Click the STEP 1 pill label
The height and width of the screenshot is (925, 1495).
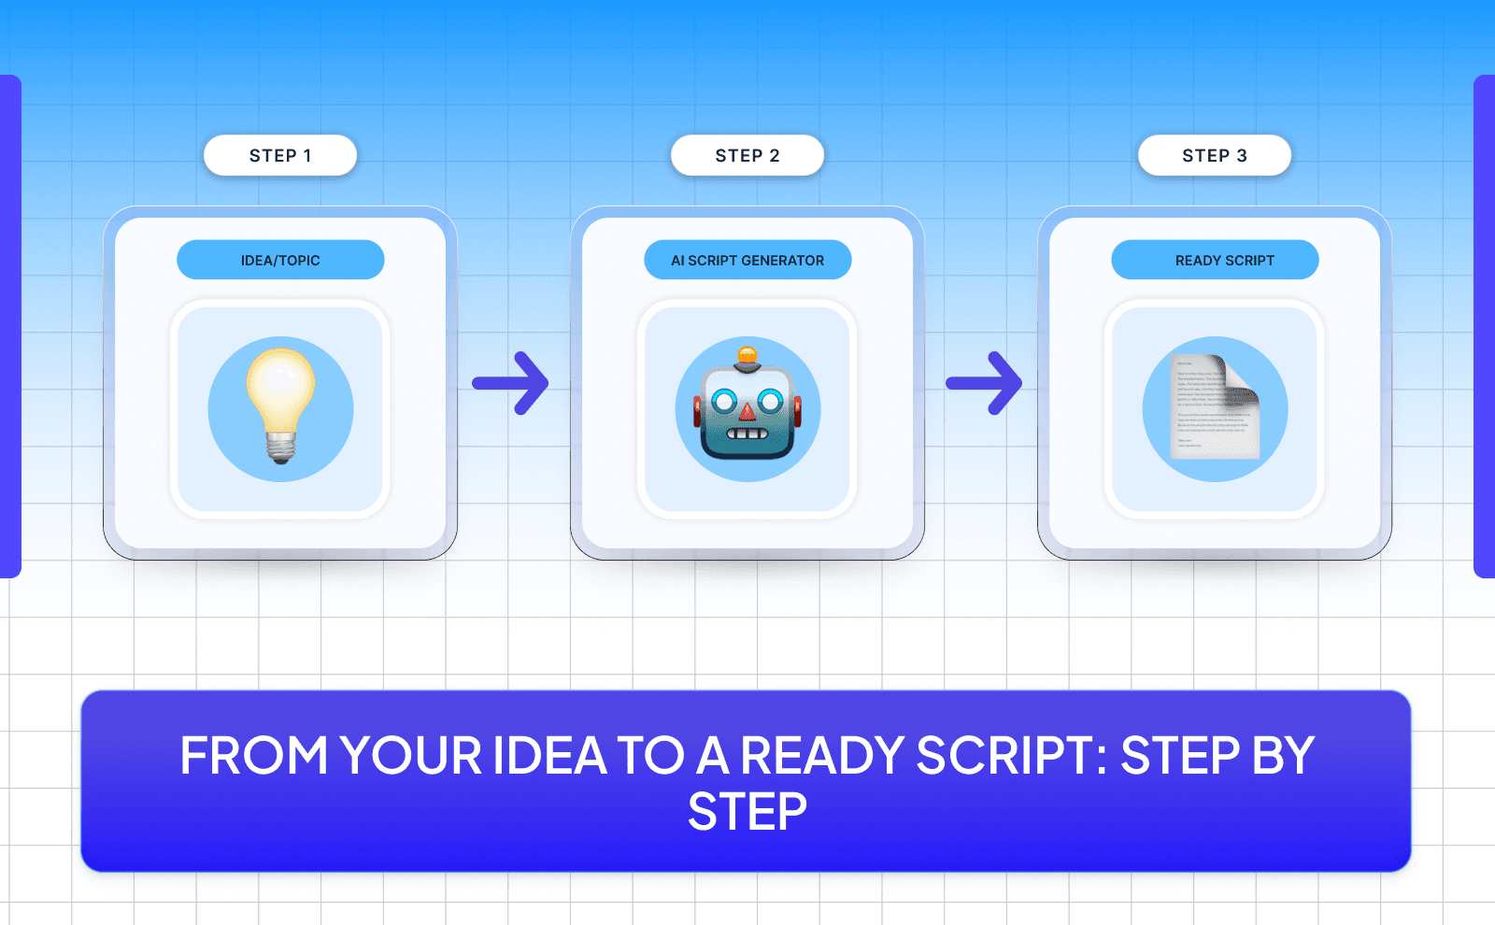click(x=280, y=156)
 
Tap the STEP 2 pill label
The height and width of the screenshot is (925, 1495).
click(x=747, y=156)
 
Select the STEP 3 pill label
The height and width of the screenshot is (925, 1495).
click(x=1215, y=156)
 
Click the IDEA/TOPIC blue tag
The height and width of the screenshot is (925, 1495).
click(x=280, y=261)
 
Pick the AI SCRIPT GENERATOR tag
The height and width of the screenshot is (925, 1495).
click(x=747, y=261)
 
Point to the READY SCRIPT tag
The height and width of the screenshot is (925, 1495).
click(x=1215, y=261)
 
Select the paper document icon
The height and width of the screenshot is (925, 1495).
click(x=1215, y=407)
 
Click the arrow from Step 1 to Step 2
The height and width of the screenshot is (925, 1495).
click(x=511, y=383)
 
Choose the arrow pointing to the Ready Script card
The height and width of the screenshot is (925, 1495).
click(x=985, y=383)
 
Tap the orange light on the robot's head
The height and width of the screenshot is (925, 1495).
click(x=747, y=355)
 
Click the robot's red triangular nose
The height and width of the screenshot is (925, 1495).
click(x=747, y=411)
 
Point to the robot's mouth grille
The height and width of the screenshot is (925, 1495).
click(x=747, y=434)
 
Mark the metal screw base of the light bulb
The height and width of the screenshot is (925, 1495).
click(x=280, y=447)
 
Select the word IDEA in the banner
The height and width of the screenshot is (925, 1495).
click(x=550, y=756)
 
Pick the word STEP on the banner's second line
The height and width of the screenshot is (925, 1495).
click(x=747, y=812)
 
